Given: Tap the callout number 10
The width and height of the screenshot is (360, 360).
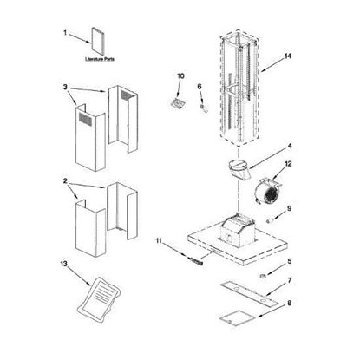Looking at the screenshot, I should [x=180, y=76].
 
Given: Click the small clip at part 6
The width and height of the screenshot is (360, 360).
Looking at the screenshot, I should [x=203, y=107].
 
